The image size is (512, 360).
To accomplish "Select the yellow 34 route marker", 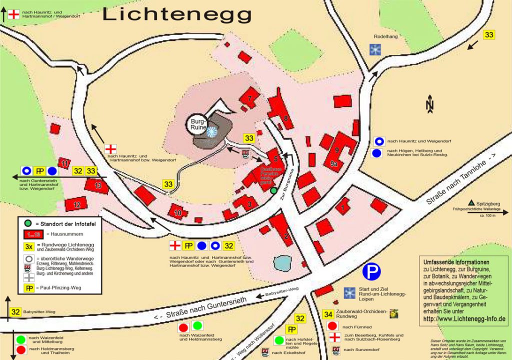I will pos(328,314).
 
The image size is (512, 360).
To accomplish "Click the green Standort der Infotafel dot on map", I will pos(273,190).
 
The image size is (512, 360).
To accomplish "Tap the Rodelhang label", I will pos(385,36).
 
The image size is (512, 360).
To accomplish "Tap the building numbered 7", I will pos(249,98).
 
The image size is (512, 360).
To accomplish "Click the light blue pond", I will pos(282,262).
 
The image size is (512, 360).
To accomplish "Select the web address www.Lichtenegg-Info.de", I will pos(463,318).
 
